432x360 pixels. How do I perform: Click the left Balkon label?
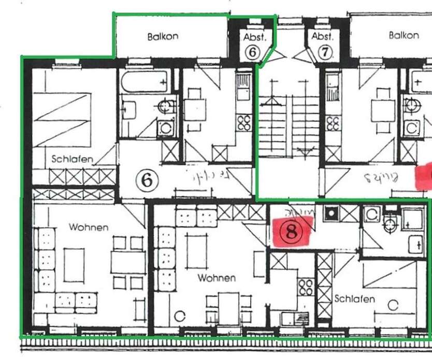(x=163, y=36)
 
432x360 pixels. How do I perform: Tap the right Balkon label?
(x=404, y=35)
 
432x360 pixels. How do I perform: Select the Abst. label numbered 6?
(x=254, y=37)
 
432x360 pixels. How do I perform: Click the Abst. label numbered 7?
(x=322, y=37)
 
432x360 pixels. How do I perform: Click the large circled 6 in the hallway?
(x=147, y=181)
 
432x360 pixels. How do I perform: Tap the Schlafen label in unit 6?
(x=72, y=159)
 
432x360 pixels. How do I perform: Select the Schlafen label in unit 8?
(x=354, y=299)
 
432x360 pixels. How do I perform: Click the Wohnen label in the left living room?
(x=89, y=227)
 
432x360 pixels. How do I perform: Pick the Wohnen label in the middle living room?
(x=217, y=278)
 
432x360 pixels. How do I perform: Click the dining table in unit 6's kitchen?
(x=195, y=110)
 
